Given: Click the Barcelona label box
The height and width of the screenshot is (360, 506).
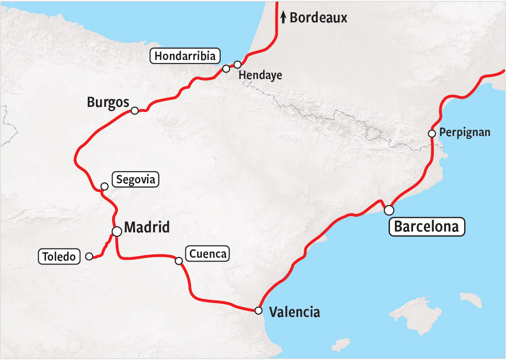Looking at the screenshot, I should (427, 226).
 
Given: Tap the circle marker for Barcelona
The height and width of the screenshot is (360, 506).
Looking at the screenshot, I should (389, 210).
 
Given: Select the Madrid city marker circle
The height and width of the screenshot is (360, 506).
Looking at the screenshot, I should (117, 231).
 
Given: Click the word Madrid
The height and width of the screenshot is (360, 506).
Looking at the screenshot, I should (147, 227).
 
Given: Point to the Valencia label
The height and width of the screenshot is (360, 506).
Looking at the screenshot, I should (294, 312).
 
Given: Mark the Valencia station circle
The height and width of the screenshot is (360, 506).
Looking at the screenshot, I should (258, 311).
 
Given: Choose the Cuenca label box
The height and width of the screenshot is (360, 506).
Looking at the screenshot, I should (207, 254).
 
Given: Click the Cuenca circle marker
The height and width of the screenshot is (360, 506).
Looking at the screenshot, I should (179, 261).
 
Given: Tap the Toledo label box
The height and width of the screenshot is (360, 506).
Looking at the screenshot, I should (59, 256).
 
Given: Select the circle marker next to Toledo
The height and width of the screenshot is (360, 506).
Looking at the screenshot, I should (89, 256).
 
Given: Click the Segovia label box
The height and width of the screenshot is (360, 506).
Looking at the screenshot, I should (135, 180).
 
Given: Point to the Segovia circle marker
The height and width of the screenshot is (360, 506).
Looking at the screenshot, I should (104, 186).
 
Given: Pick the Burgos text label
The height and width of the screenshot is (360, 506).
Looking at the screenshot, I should (107, 102).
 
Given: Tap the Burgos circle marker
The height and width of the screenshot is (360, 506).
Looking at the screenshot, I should (135, 111).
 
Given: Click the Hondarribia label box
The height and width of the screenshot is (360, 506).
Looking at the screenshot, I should (185, 56).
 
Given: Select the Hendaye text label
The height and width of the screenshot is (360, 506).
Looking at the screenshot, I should (260, 76).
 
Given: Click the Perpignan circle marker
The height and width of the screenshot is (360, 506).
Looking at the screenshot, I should (432, 134).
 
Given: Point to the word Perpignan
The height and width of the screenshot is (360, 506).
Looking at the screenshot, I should (465, 132).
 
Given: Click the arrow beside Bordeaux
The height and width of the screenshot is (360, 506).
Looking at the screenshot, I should (283, 17).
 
